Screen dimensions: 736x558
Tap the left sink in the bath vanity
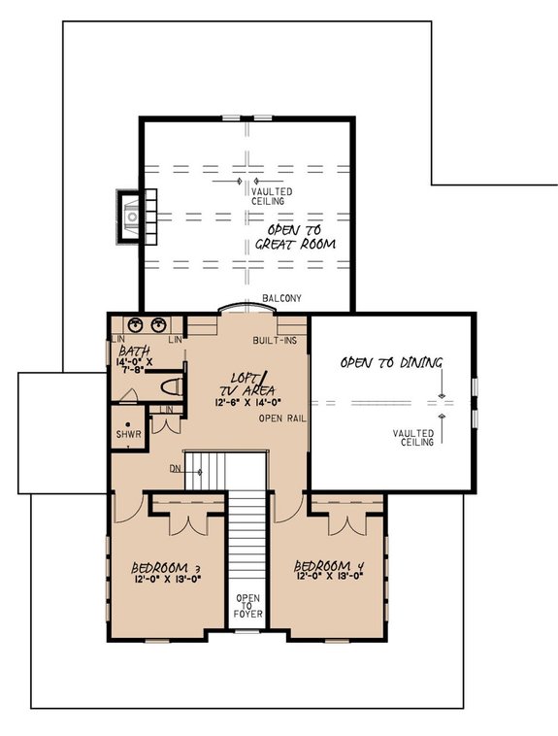(x=137, y=325)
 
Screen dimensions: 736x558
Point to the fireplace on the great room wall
(x=129, y=215)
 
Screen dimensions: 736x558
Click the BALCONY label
(x=282, y=298)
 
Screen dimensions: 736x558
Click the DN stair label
(x=175, y=468)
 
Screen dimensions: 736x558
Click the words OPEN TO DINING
(x=390, y=362)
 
